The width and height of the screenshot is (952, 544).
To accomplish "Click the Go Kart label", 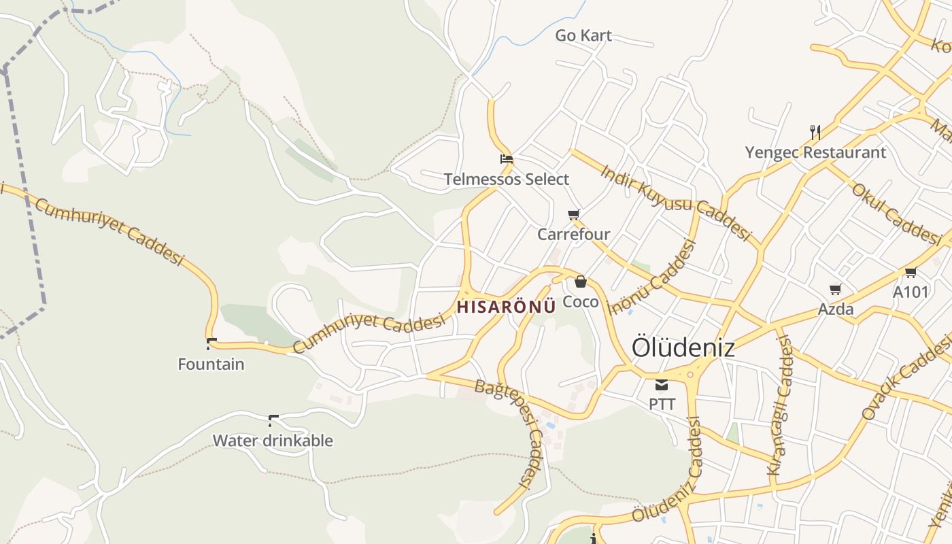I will point(583,35).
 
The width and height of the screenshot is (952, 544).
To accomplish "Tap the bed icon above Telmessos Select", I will point(506,160).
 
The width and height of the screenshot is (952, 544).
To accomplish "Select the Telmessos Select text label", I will point(506,180).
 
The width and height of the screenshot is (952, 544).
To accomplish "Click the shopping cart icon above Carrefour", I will point(574,215).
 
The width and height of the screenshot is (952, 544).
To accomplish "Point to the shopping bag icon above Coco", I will point(581,282).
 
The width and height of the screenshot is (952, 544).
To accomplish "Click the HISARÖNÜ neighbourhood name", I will point(506,307).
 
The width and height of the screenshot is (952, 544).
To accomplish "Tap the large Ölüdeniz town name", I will point(683,347).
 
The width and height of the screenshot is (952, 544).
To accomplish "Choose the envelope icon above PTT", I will point(662,385).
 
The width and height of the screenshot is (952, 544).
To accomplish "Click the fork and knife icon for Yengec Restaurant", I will point(815,132).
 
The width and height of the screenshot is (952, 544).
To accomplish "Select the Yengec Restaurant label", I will point(815,152).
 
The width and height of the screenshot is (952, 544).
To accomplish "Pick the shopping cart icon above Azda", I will point(836,290).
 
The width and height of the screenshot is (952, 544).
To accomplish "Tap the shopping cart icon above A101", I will point(911,273).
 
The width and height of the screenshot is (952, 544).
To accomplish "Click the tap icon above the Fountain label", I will point(211,344).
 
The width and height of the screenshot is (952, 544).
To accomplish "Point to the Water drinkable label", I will point(273,441).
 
